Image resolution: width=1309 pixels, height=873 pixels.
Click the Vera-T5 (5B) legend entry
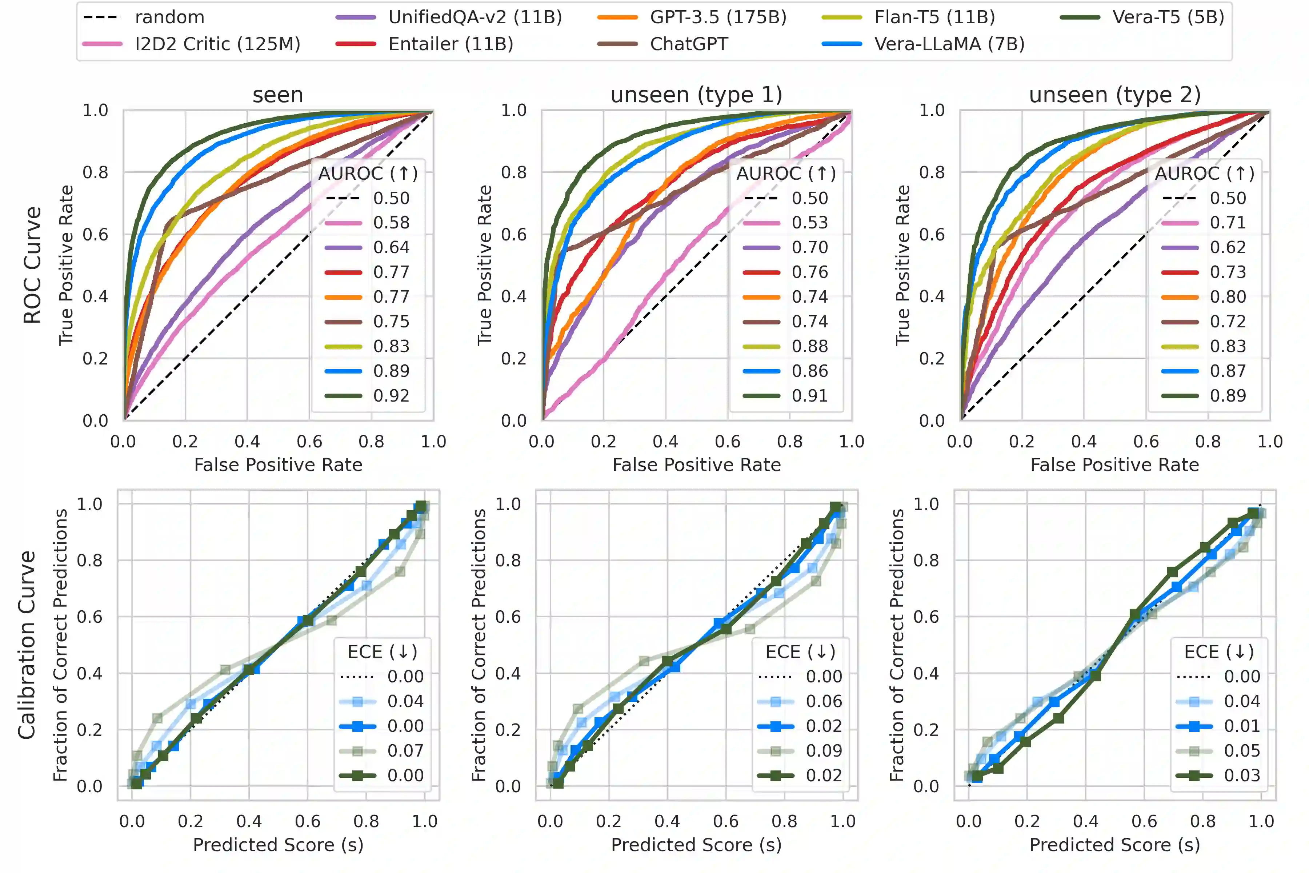[1168, 17]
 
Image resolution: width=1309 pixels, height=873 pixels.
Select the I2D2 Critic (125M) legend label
[217, 44]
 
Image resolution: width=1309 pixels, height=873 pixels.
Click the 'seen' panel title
[278, 95]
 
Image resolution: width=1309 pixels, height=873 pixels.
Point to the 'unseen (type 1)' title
[696, 95]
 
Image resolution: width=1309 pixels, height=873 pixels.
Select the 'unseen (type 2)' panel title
[1115, 95]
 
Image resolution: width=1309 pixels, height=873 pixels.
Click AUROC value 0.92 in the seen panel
[391, 396]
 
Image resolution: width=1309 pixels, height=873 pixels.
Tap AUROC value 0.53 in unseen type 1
[810, 223]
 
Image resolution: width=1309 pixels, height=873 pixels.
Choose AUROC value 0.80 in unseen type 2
[1228, 297]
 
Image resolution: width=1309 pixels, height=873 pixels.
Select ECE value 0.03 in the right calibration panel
[1242, 776]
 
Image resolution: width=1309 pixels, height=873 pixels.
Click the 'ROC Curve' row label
[32, 265]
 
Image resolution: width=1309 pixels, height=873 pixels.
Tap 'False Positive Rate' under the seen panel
[278, 465]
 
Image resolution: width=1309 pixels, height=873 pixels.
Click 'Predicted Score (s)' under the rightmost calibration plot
[1115, 845]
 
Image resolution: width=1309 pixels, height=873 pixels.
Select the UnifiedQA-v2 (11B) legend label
[475, 17]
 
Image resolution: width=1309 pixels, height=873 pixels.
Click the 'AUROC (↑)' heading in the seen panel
[368, 174]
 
